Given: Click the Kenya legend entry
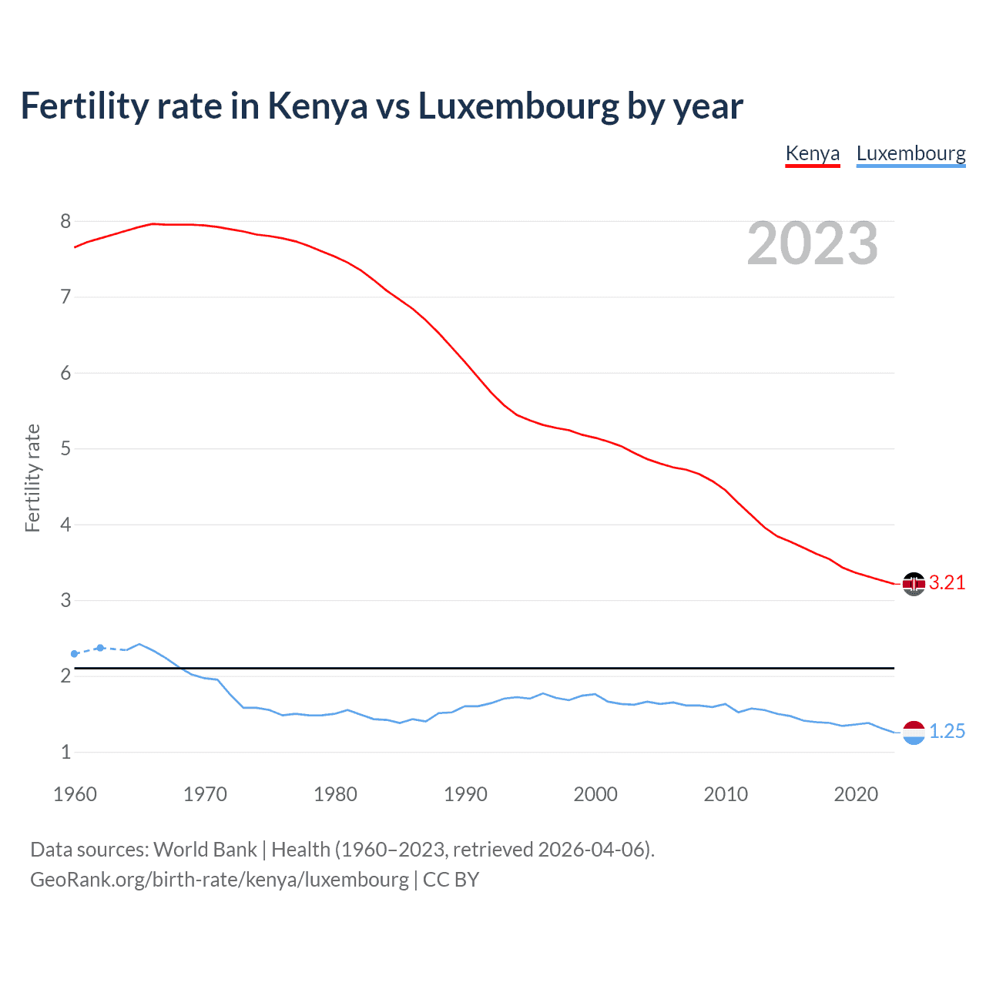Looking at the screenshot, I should (812, 153).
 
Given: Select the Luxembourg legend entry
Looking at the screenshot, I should (911, 153).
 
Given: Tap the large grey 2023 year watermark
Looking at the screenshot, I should (812, 243).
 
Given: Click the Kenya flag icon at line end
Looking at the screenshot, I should (914, 584).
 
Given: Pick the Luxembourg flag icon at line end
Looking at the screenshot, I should (914, 732).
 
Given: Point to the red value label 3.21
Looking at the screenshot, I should (947, 583).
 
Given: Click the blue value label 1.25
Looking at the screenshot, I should (947, 732).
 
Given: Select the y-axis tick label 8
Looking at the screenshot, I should (65, 222).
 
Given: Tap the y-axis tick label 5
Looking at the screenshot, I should (65, 449).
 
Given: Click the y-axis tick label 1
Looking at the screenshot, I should (65, 753).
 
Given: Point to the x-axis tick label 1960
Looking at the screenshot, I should (75, 794).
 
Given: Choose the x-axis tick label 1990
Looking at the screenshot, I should (465, 794).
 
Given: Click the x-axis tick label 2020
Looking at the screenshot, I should (856, 794).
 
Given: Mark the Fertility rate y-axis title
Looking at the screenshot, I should (32, 478).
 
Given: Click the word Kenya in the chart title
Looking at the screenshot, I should (317, 106).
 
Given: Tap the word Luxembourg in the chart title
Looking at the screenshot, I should (518, 106).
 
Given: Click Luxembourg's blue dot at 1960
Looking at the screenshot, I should (75, 654).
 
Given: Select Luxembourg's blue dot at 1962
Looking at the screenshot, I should (100, 648).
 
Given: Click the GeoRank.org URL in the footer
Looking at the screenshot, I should (220, 880).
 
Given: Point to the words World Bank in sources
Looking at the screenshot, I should (205, 850).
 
